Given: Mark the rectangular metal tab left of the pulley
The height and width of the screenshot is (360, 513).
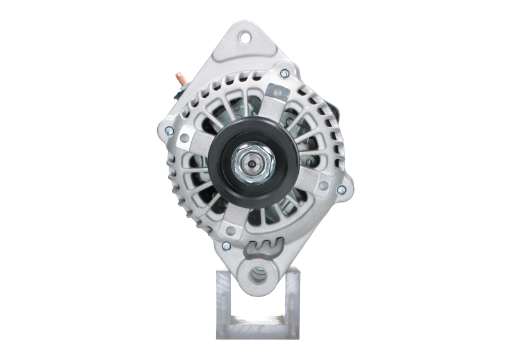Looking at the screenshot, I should tap(190, 134).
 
